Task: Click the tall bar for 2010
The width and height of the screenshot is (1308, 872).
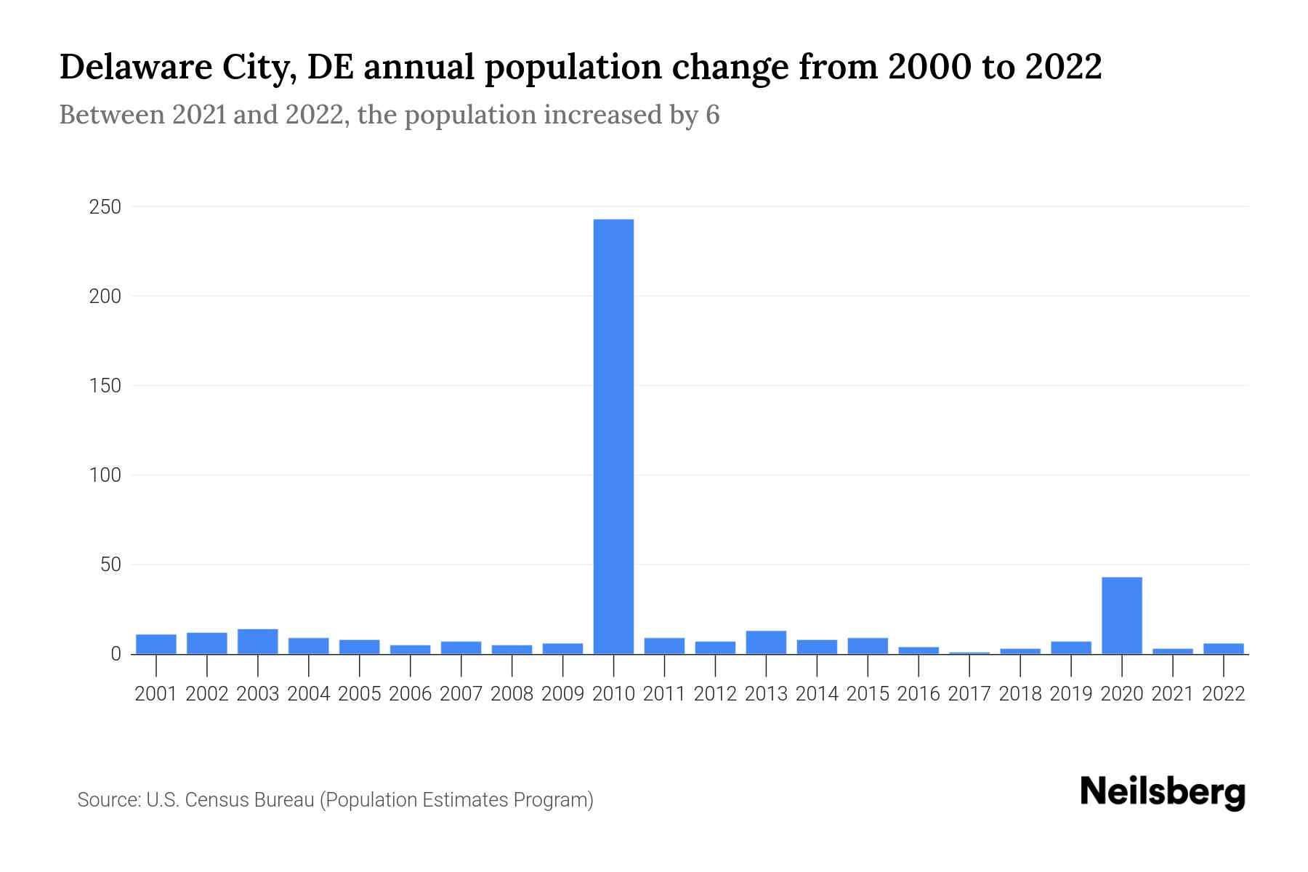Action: [x=613, y=436]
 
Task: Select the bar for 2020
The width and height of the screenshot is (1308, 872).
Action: [x=1121, y=615]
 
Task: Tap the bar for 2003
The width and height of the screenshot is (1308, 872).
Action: [x=258, y=642]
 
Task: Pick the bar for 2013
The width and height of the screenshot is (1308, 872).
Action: [x=766, y=642]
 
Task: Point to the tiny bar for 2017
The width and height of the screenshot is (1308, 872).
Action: [x=969, y=653]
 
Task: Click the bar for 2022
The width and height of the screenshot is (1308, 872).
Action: [x=1223, y=649]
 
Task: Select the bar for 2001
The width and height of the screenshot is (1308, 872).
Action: [x=156, y=644]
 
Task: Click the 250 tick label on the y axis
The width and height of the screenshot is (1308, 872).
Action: [x=105, y=207]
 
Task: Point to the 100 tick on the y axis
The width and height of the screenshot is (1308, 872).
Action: [x=105, y=475]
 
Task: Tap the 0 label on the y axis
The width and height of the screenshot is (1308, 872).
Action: [x=116, y=654]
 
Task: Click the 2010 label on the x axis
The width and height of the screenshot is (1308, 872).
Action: [x=613, y=694]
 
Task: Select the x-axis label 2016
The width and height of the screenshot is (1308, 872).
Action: [x=919, y=694]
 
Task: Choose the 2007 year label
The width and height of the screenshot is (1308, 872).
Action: [x=461, y=694]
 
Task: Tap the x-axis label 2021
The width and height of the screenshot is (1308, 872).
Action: [x=1172, y=694]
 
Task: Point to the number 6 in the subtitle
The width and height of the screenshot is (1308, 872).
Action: [x=712, y=115]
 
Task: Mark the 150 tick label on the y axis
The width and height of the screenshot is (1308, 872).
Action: [x=105, y=386]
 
